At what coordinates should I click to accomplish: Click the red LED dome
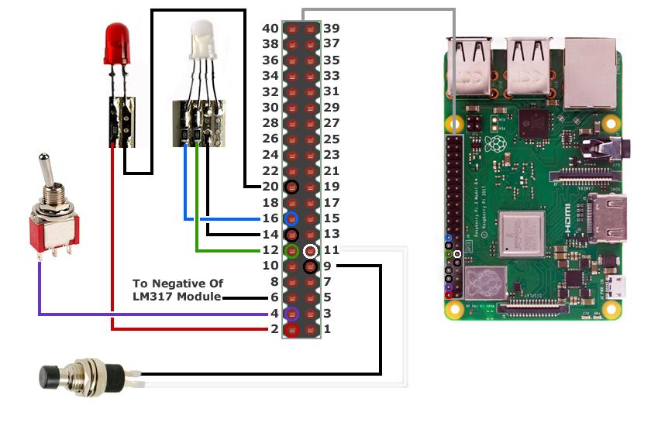[116, 43]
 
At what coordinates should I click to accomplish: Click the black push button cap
[52, 377]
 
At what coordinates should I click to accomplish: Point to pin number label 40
[270, 29]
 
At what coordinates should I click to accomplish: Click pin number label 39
[332, 29]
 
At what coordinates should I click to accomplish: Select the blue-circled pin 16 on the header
[292, 218]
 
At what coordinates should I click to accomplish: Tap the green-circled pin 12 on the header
[292, 250]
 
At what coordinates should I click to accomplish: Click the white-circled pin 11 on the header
[310, 250]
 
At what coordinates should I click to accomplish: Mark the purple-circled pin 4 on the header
[292, 314]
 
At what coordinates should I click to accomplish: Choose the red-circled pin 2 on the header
[292, 329]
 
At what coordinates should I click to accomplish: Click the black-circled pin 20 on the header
[292, 187]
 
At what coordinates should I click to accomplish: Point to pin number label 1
[328, 329]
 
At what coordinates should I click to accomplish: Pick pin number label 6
[274, 297]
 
